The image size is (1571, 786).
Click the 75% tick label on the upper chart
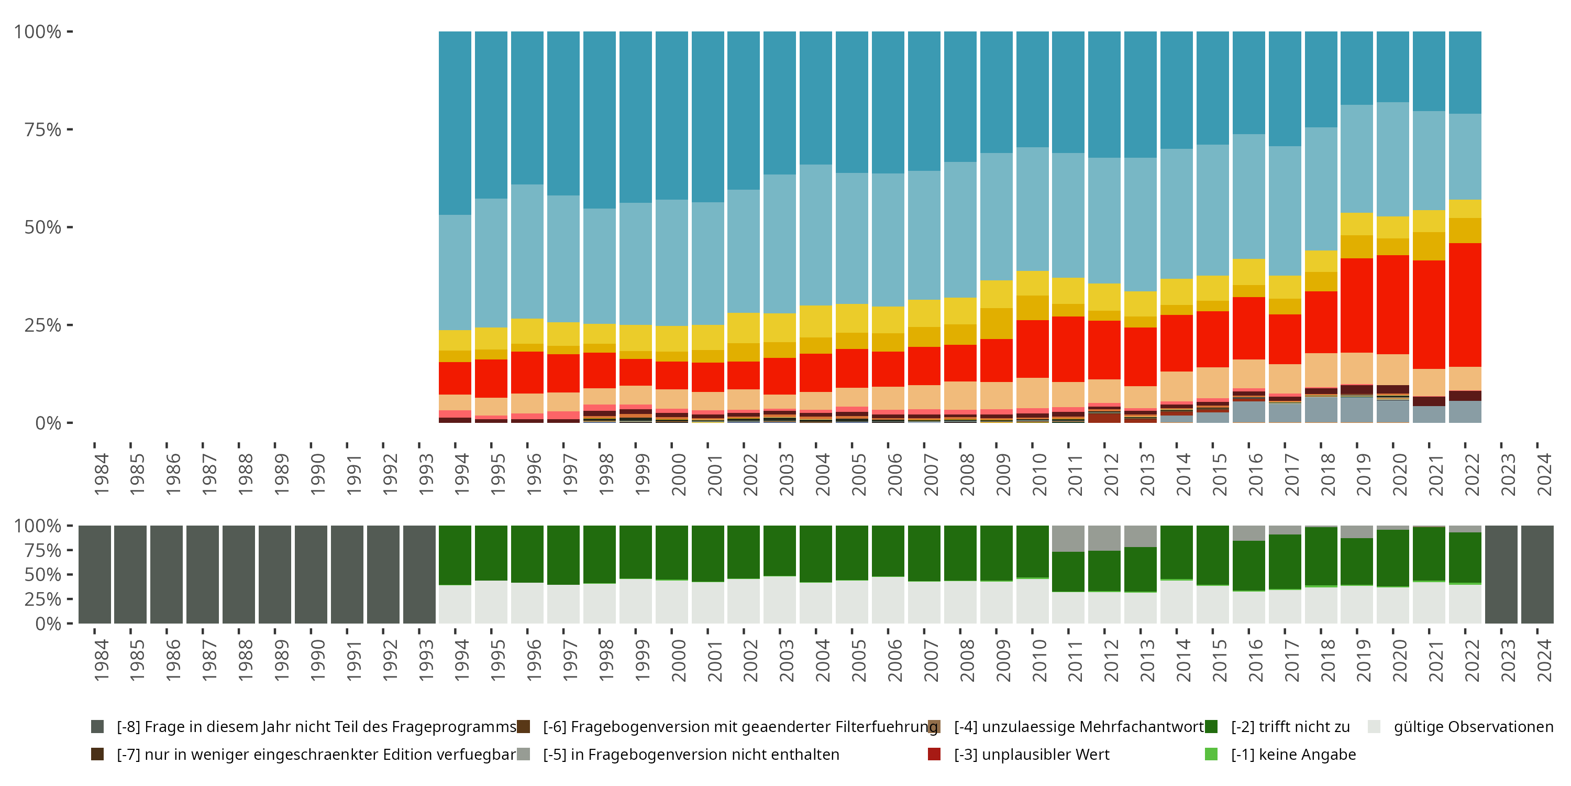43,129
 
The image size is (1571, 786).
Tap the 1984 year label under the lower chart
101,660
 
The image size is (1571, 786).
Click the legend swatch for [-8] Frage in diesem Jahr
97,727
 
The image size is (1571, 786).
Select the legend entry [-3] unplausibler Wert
1031,754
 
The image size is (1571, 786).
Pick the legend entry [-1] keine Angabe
1293,754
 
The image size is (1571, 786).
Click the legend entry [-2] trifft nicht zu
1290,727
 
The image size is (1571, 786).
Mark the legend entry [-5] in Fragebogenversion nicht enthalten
690,754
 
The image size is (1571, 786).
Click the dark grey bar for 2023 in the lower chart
1501,574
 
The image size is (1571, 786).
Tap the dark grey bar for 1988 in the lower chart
238,574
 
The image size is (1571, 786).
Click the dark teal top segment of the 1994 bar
455,122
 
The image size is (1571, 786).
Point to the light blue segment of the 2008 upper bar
960,230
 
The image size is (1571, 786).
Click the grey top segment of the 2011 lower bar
1068,538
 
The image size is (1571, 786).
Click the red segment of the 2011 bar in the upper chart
1068,349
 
